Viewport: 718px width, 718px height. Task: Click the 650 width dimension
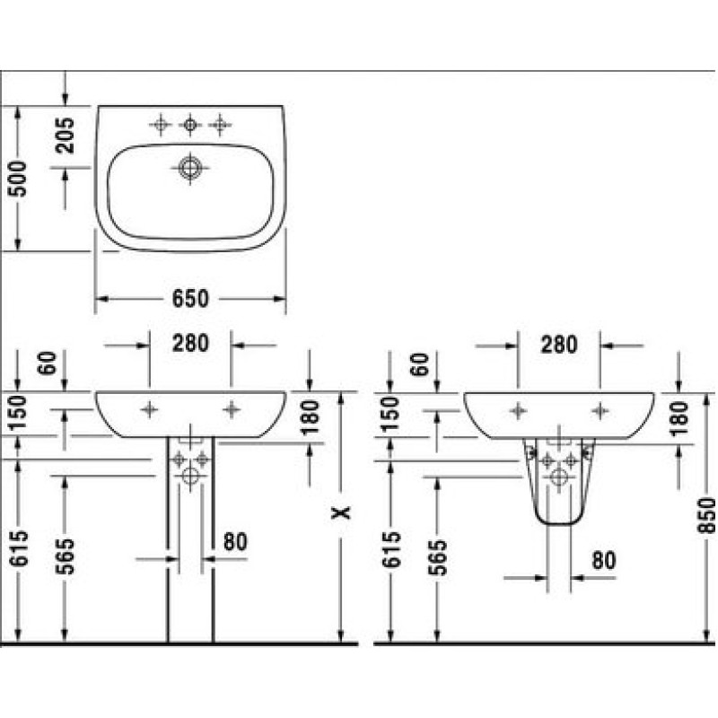[190, 299]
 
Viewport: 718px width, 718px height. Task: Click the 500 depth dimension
[18, 179]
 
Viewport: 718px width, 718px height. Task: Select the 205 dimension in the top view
[65, 136]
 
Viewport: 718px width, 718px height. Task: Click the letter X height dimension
[341, 512]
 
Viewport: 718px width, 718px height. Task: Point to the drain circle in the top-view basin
[190, 168]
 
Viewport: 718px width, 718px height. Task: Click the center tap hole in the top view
[190, 124]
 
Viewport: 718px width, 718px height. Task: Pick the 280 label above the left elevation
[190, 343]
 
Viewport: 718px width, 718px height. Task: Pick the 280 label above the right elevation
[559, 345]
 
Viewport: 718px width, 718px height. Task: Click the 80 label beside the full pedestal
[235, 542]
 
